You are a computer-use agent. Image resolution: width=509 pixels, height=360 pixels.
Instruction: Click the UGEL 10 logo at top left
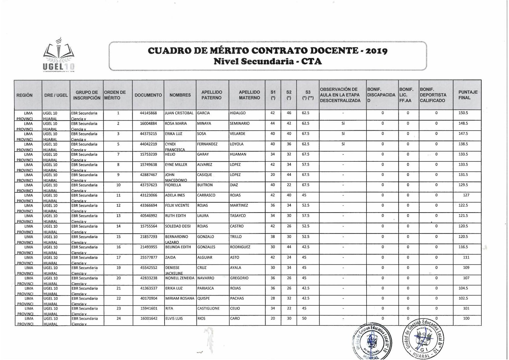click(59, 55)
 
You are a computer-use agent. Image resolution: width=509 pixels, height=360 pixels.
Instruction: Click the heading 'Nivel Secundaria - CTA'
click(268, 62)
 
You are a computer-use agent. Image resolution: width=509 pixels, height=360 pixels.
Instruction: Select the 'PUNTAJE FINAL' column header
click(468, 95)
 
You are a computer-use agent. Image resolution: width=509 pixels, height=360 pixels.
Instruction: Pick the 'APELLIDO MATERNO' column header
click(249, 95)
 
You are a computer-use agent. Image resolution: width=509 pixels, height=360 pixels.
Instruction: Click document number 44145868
click(148, 113)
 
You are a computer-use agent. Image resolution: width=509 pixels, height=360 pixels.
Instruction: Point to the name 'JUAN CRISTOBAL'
click(179, 113)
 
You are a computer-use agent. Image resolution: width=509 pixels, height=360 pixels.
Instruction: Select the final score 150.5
click(463, 113)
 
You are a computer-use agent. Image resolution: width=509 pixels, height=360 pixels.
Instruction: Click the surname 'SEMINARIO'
click(240, 123)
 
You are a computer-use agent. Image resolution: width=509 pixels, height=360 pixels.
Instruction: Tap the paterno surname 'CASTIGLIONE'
click(208, 308)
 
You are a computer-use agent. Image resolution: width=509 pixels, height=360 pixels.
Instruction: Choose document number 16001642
click(149, 318)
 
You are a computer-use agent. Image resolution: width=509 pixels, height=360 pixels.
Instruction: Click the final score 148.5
click(463, 123)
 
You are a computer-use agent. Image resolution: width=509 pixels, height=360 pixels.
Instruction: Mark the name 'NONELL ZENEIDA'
click(180, 278)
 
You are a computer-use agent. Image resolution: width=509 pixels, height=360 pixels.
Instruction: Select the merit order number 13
click(118, 216)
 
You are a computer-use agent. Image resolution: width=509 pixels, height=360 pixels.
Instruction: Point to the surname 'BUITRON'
click(205, 185)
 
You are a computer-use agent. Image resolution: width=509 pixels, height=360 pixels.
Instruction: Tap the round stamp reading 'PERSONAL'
click(372, 341)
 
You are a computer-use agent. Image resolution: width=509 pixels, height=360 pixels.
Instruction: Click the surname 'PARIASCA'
click(205, 288)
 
